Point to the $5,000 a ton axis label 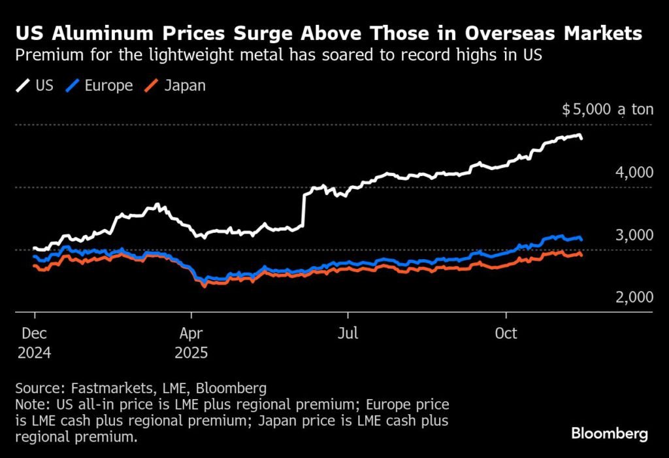608,110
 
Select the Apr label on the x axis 191,334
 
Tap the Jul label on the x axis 348,334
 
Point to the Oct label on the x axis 506,334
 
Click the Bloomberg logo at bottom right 609,433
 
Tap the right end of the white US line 581,138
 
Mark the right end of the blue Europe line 581,239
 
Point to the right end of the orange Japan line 581,255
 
